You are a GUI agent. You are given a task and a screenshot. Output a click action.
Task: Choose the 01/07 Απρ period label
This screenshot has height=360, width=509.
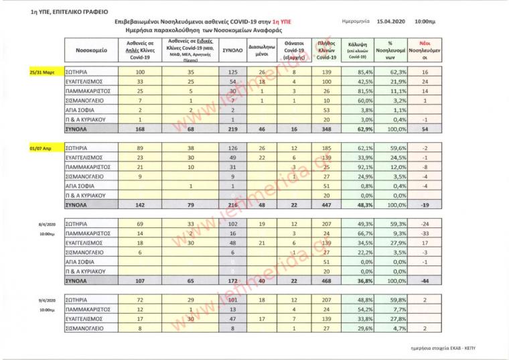pos(43,142)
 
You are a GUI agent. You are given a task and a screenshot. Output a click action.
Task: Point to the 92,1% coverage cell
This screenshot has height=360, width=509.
pos(365,166)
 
